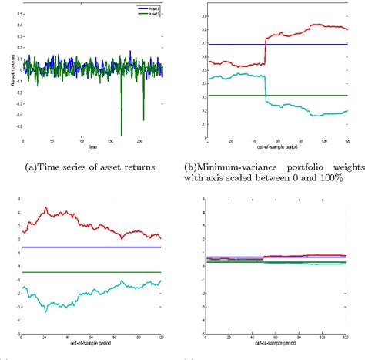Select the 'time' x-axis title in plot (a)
point(92,146)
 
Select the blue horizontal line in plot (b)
point(277,44)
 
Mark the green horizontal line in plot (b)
point(277,95)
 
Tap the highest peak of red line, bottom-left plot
point(45,207)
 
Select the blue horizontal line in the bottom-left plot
point(92,247)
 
